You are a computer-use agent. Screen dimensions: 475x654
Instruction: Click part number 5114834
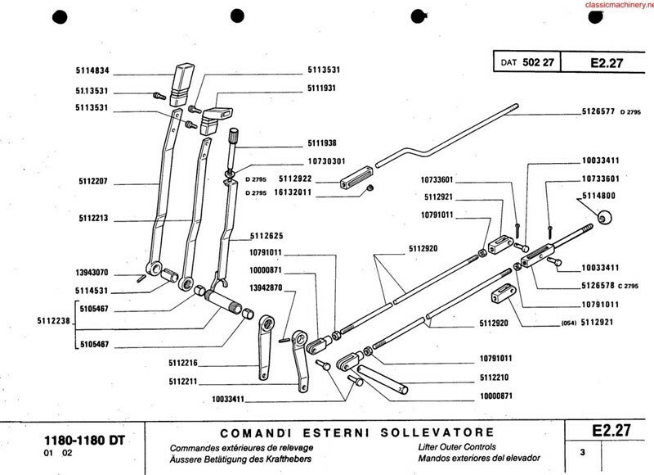pyautogui.click(x=93, y=70)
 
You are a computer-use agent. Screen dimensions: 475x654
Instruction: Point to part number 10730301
pyautogui.click(x=327, y=161)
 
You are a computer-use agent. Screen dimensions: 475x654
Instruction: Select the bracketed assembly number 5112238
pyautogui.click(x=54, y=322)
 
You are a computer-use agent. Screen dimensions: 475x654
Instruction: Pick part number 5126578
pyautogui.click(x=599, y=285)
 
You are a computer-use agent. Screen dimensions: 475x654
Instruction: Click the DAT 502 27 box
pyautogui.click(x=527, y=62)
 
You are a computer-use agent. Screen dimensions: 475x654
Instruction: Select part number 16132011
pyautogui.click(x=293, y=192)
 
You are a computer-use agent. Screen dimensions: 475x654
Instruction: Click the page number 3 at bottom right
pyautogui.click(x=582, y=452)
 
